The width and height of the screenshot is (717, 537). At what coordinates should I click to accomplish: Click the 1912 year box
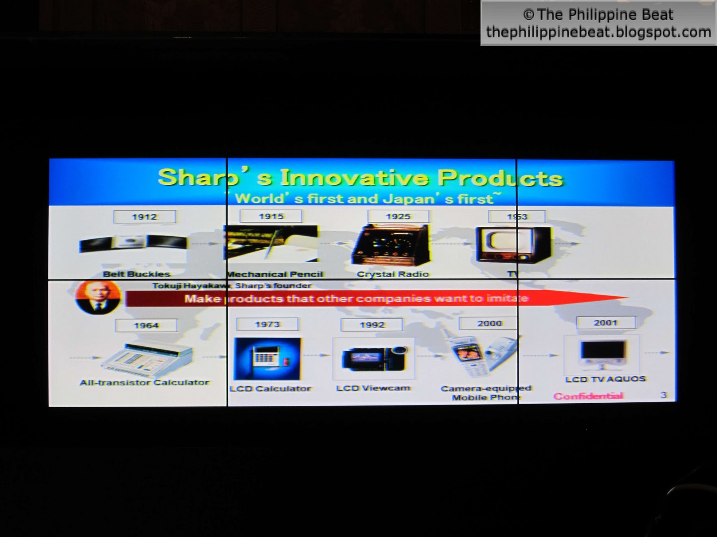coord(144,217)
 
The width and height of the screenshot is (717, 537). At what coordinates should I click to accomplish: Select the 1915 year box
coord(271,217)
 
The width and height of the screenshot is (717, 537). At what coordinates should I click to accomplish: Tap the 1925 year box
coord(398,217)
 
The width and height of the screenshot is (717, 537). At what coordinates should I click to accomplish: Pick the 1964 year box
coord(146,325)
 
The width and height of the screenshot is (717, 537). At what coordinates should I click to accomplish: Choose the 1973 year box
coord(267,324)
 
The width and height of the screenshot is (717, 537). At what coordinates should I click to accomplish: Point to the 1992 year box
coord(372,325)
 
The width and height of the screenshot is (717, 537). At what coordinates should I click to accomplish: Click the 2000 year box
coord(489,323)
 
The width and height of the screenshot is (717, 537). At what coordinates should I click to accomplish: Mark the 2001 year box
coord(605,323)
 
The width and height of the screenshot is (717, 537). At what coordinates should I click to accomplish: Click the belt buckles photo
coord(133,243)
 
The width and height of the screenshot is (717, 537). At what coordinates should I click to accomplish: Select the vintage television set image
coord(513,244)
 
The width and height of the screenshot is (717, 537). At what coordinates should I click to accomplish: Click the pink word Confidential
coord(588,396)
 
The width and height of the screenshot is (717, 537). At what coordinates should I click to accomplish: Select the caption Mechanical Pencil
coord(275,274)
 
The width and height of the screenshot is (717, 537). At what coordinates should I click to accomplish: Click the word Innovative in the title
coord(354,178)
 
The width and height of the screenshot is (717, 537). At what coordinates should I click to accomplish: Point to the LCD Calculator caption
coord(270,388)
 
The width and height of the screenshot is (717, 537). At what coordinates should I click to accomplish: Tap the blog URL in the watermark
coord(598,32)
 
